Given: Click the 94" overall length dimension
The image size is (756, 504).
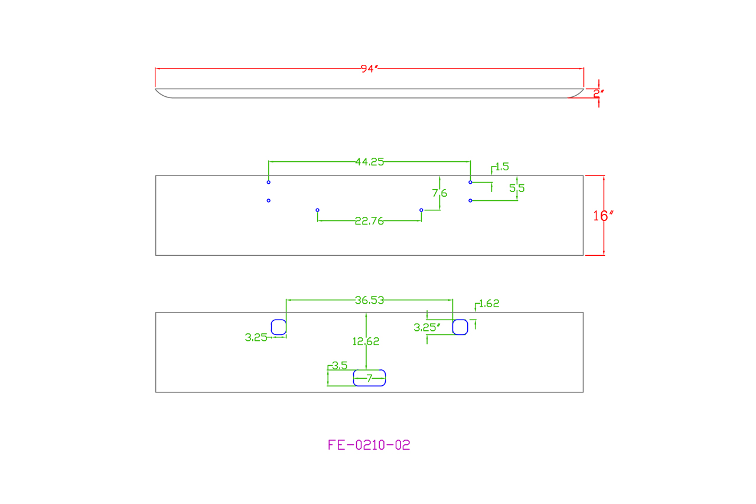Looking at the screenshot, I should coord(369,69).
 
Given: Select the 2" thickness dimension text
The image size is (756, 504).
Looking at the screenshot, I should coord(598,93).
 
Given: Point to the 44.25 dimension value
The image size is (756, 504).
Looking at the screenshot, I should coord(369,162).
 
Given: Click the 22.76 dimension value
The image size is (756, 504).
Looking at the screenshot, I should coord(369,222).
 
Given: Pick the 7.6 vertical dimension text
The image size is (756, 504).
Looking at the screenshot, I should coord(439,193).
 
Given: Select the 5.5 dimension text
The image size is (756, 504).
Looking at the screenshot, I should coord(517,188).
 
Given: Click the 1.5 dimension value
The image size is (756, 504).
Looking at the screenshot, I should coord(502,167).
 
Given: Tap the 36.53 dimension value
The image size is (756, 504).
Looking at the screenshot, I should coord(369,300).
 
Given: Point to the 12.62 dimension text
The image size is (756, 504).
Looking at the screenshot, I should coord(366,341).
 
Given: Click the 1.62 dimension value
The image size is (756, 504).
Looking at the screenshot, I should coord(489,304).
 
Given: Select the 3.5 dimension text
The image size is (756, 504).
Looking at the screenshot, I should coord(340,366).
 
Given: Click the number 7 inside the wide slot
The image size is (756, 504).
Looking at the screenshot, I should coord(369,378).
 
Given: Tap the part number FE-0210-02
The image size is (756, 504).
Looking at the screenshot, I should coord(369,445).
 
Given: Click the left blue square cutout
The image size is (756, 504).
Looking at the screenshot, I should coord(279,327).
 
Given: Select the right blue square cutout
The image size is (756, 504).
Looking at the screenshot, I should coord(460,327).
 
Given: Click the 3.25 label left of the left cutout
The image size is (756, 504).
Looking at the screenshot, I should coord(256,337).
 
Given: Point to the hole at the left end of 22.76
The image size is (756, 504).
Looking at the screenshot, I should coord(318,210).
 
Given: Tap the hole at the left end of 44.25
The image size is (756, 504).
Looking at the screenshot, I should coord(269,182).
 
